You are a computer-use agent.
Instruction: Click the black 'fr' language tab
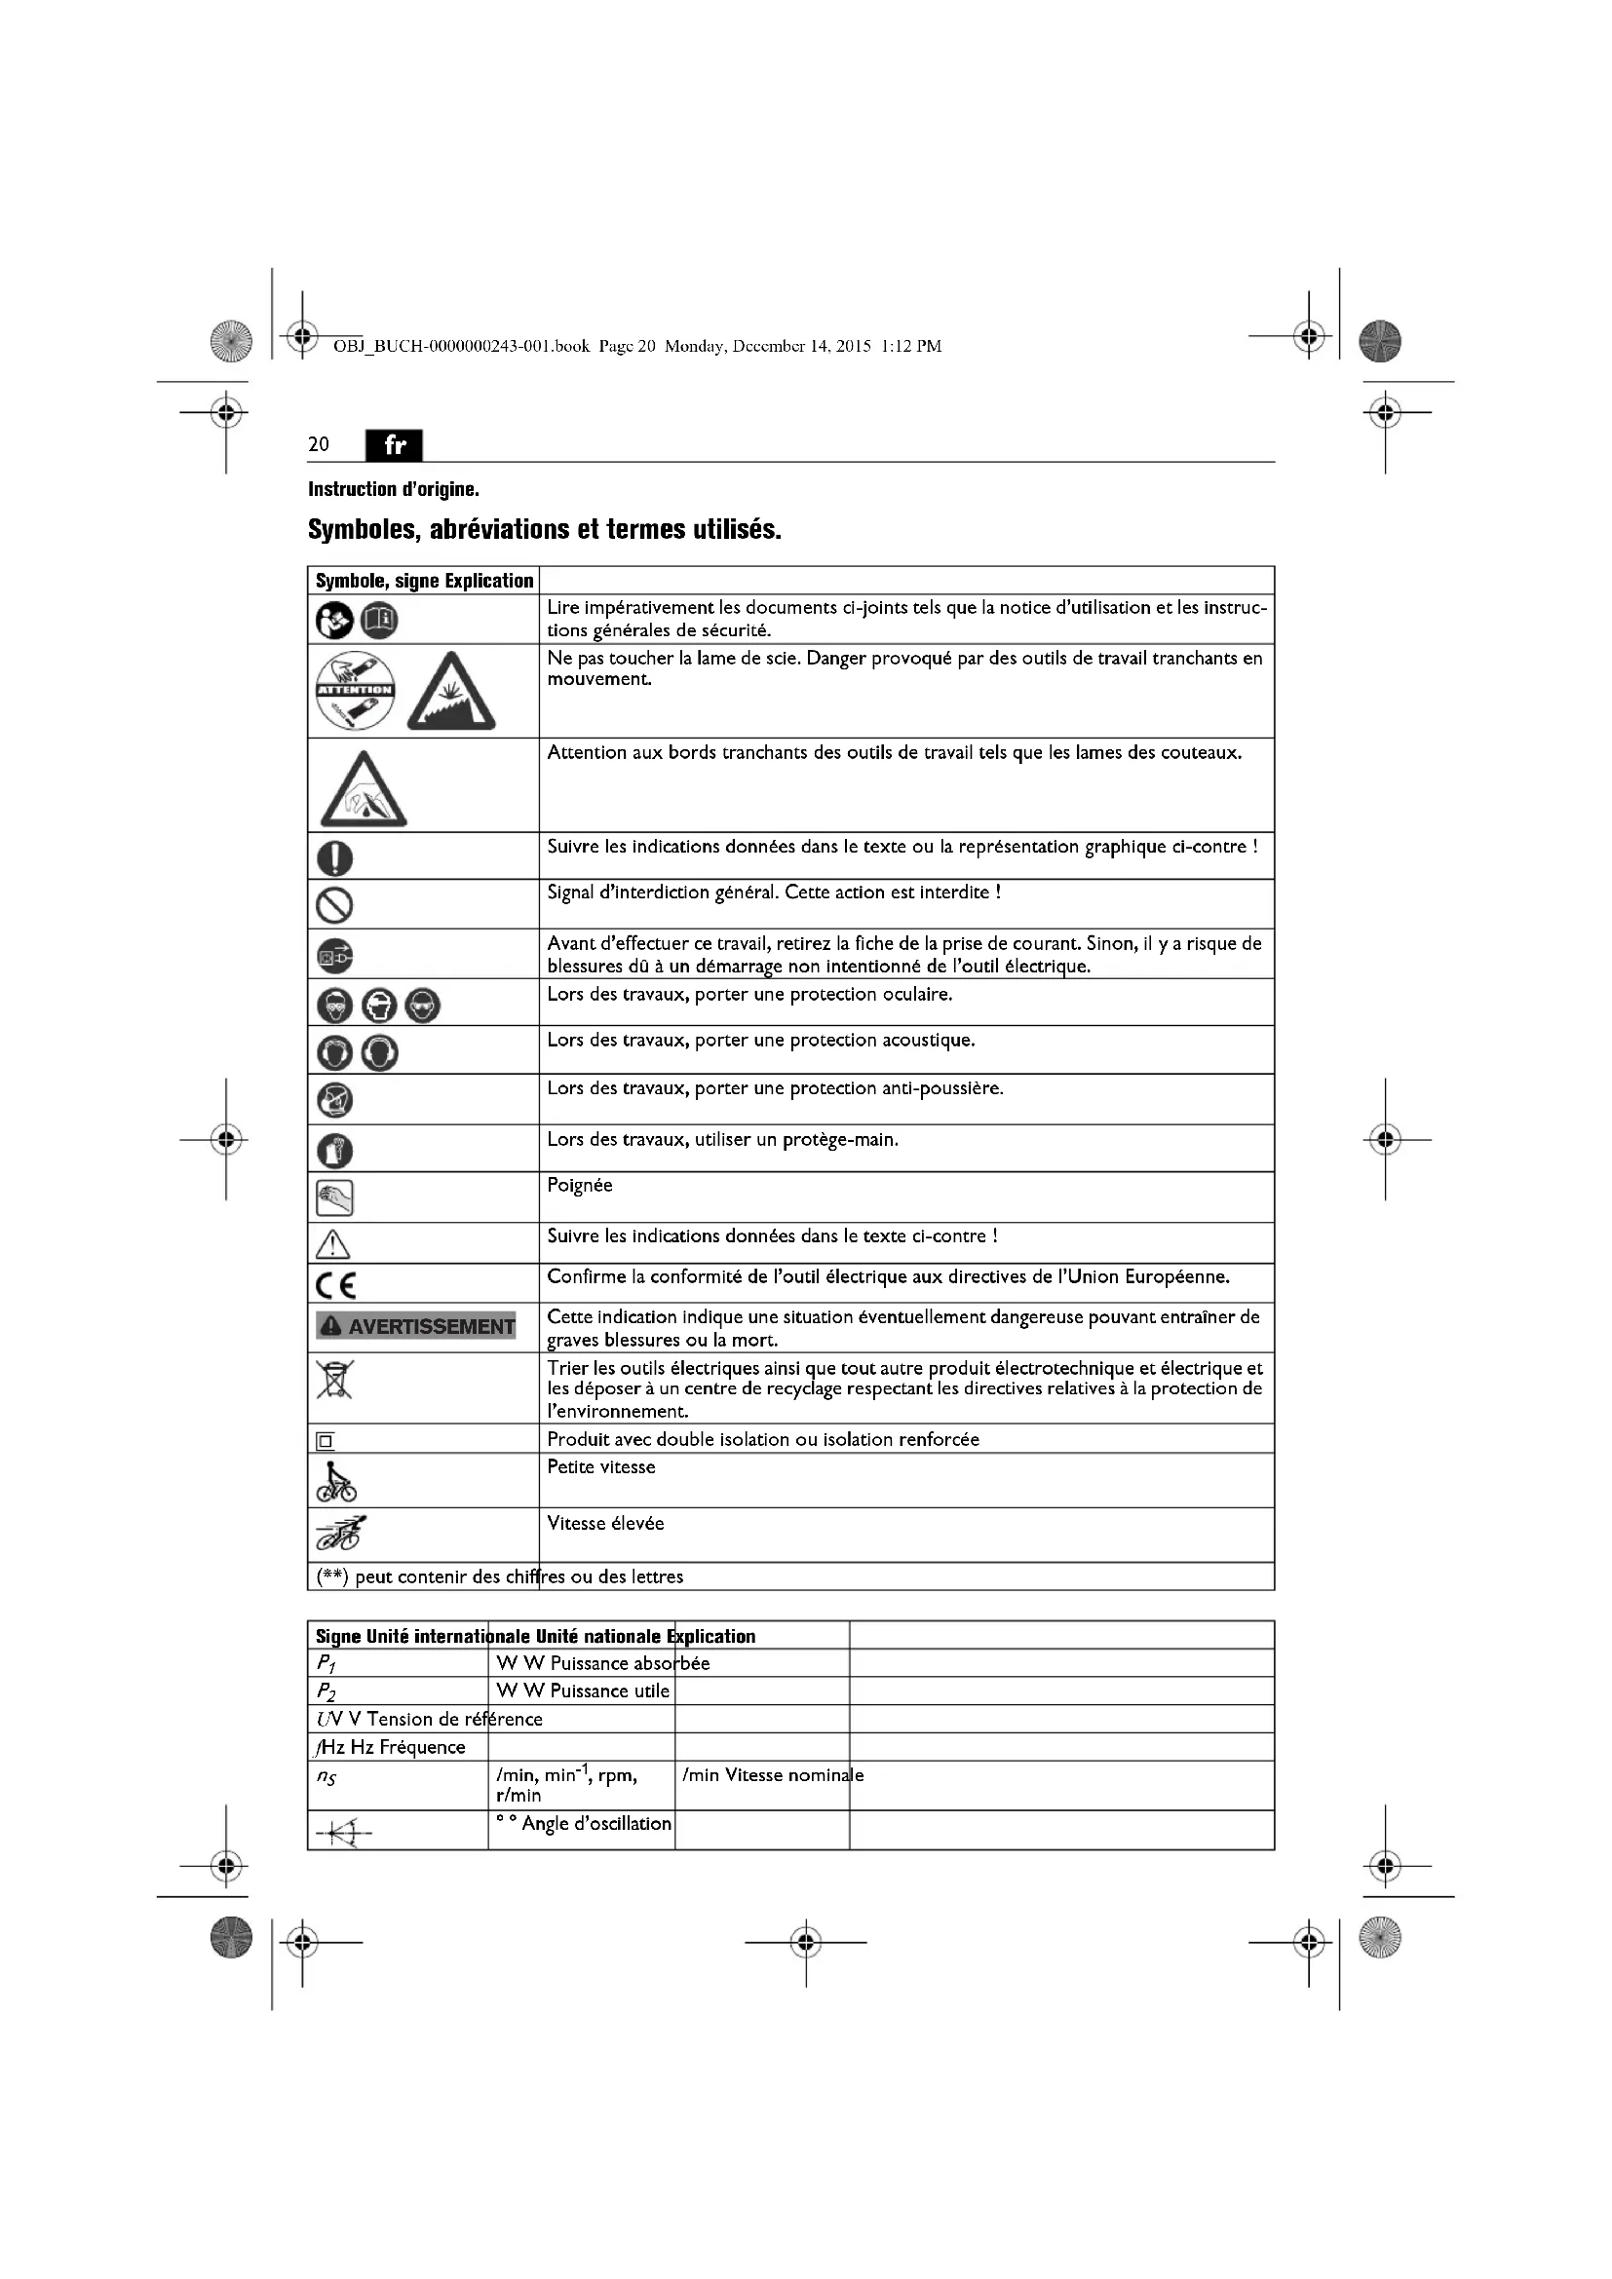[394, 444]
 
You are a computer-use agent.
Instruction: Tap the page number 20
[319, 444]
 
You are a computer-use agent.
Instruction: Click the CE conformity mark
[335, 1286]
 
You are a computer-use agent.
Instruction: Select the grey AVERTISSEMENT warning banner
[416, 1326]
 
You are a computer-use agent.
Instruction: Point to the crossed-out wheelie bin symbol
[334, 1379]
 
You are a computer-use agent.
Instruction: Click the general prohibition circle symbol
[334, 904]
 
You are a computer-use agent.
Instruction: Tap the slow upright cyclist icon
[335, 1482]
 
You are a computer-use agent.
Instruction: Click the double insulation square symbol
[326, 1441]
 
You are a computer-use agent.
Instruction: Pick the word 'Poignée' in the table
[580, 1186]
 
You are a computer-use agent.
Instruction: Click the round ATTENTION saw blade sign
[356, 690]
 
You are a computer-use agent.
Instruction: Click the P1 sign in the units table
[326, 1664]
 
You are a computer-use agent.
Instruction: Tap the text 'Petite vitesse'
[601, 1467]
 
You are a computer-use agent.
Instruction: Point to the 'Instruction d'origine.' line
[393, 489]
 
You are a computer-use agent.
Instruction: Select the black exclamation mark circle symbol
[334, 856]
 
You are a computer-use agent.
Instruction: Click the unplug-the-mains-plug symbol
[334, 956]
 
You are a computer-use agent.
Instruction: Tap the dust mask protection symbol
[334, 1100]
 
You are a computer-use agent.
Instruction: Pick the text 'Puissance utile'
[609, 1691]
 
